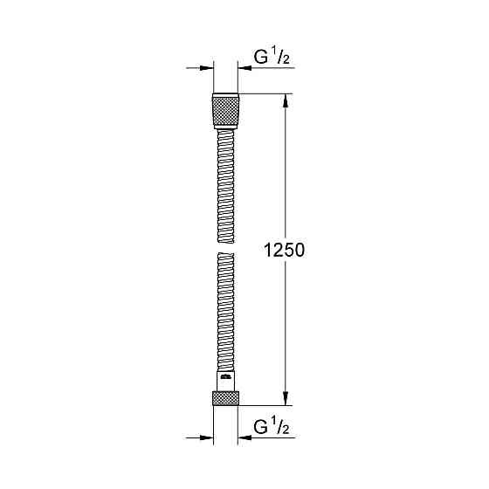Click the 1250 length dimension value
tap(283, 251)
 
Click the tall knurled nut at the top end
tap(225, 112)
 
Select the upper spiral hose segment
tap(225, 183)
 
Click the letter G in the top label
tap(260, 59)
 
